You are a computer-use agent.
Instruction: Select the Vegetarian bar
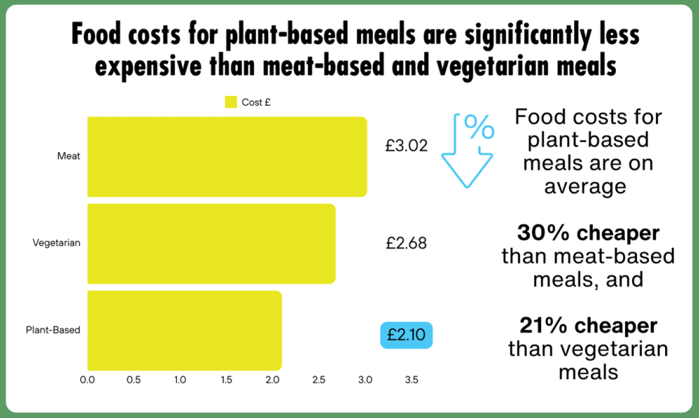click(x=212, y=243)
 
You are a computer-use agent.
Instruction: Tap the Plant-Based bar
click(x=185, y=330)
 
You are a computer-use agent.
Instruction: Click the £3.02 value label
click(x=406, y=147)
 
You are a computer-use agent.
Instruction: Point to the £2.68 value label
click(x=406, y=243)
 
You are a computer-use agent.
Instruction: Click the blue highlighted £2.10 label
click(x=406, y=335)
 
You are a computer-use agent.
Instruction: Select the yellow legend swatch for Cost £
click(x=231, y=102)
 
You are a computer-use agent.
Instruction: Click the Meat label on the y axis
click(x=68, y=156)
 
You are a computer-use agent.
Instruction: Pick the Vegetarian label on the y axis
click(x=56, y=243)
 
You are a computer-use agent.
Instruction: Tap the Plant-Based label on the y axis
click(x=53, y=330)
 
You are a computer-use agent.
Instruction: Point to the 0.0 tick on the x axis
click(x=87, y=380)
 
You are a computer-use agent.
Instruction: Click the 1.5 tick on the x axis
click(x=226, y=380)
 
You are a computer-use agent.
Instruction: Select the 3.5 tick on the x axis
click(x=411, y=380)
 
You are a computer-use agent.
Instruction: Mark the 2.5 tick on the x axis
click(x=319, y=380)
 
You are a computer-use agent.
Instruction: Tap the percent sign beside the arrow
click(x=479, y=129)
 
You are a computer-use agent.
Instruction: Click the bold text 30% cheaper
click(x=588, y=232)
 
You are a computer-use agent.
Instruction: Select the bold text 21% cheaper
click(x=588, y=326)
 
